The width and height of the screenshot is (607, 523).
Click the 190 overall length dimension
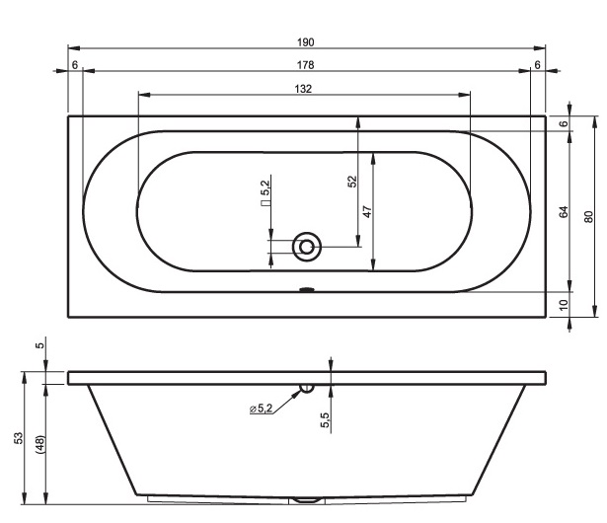tap(305, 42)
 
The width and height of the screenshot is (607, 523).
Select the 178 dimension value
tap(305, 65)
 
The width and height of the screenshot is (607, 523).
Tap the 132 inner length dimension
tap(303, 89)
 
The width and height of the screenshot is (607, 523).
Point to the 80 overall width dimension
tap(588, 216)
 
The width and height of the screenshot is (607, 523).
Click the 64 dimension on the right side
tap(564, 212)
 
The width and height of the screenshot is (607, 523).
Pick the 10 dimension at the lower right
tap(564, 305)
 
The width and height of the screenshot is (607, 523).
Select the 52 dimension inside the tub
tap(352, 182)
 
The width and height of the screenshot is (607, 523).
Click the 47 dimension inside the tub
tap(367, 212)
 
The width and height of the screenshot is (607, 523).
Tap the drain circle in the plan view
tap(307, 247)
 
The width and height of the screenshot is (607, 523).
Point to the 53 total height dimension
tap(18, 438)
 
